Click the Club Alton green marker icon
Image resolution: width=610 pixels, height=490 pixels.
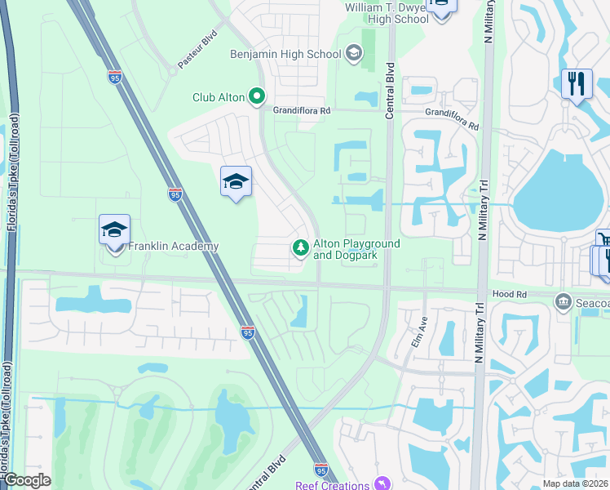tap(257, 97)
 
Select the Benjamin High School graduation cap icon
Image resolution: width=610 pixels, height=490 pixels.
tap(354, 54)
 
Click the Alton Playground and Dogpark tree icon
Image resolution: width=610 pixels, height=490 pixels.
tap(301, 247)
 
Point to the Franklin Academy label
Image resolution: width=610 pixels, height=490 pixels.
tap(174, 246)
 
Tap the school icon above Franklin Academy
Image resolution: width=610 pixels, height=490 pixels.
tap(115, 231)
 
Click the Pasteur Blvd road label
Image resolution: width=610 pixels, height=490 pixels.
tap(198, 54)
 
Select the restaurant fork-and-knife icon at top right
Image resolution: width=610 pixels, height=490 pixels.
tap(576, 83)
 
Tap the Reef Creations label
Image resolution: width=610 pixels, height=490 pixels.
tap(332, 485)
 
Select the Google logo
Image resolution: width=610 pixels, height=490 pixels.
tap(27, 480)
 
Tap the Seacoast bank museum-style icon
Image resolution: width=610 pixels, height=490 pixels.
tap(563, 302)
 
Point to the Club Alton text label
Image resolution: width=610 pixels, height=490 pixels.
tap(218, 97)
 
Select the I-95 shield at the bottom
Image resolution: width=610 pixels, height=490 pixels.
tap(320, 470)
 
